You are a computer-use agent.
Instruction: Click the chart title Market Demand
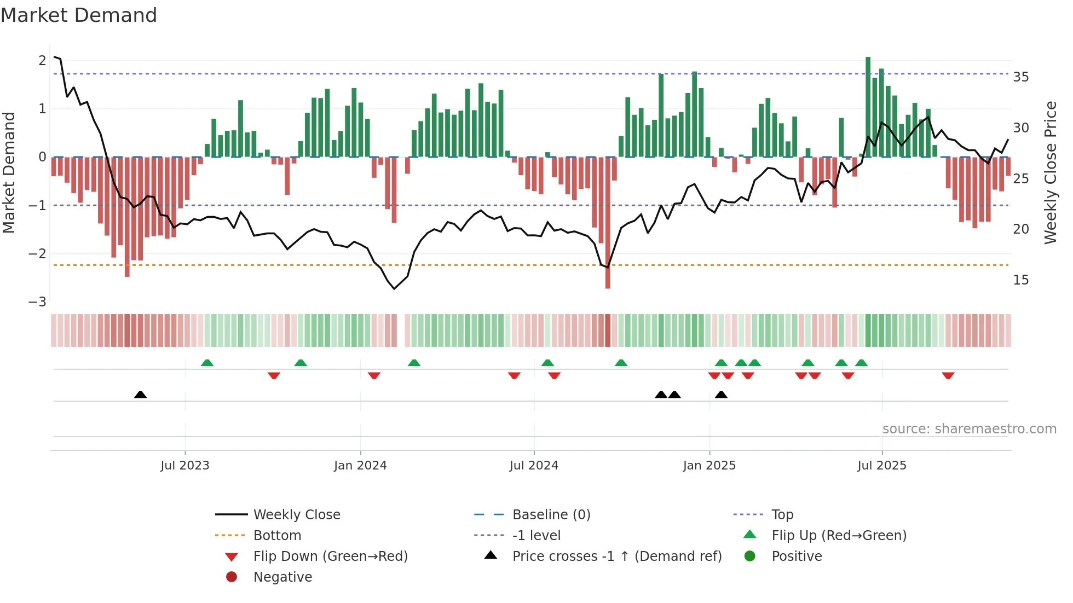pyautogui.click(x=79, y=15)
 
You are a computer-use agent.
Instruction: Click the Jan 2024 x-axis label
pyautogui.click(x=360, y=466)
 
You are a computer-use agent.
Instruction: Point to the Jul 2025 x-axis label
pyautogui.click(x=881, y=466)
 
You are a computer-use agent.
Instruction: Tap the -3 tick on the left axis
pyautogui.click(x=37, y=302)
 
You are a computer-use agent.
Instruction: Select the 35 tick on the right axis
pyautogui.click(x=1020, y=77)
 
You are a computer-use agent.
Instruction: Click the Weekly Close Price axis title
pyautogui.click(x=1050, y=172)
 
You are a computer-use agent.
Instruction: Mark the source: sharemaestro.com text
pyautogui.click(x=969, y=429)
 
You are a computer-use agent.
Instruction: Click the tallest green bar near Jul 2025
pyautogui.click(x=868, y=107)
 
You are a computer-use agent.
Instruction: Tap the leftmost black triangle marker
pyautogui.click(x=140, y=395)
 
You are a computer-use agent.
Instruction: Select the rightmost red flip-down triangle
pyautogui.click(x=948, y=376)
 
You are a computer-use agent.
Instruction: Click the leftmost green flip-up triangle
pyautogui.click(x=207, y=363)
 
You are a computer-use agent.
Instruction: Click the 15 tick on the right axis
pyautogui.click(x=1020, y=280)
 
